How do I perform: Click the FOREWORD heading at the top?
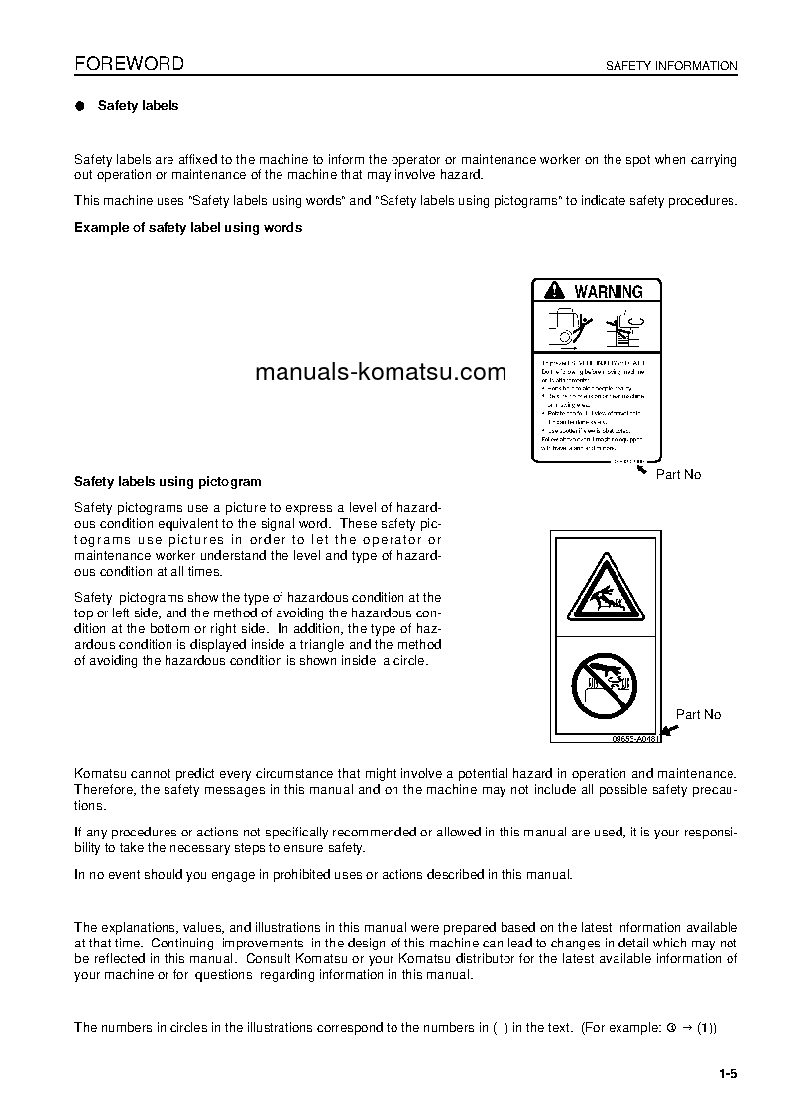pyautogui.click(x=129, y=64)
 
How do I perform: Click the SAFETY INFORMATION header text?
pyautogui.click(x=671, y=66)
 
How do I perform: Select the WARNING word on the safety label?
pyautogui.click(x=608, y=292)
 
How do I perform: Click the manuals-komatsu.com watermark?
pyautogui.click(x=381, y=373)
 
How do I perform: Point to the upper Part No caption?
pyautogui.click(x=678, y=475)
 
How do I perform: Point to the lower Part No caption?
pyautogui.click(x=698, y=714)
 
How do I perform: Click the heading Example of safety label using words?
pyautogui.click(x=188, y=228)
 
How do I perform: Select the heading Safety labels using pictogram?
pyautogui.click(x=168, y=482)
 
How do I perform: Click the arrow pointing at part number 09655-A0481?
pyautogui.click(x=668, y=731)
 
